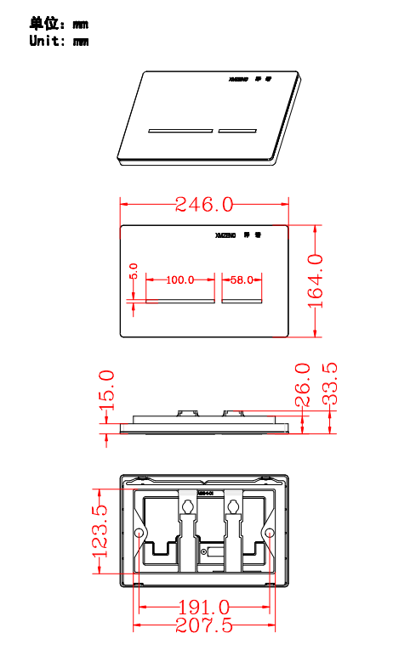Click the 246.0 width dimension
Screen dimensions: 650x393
pyautogui.click(x=203, y=204)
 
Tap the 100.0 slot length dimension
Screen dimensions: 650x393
pyautogui.click(x=179, y=280)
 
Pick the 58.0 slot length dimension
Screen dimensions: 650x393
pyautogui.click(x=241, y=280)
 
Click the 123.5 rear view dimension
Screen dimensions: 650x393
pyautogui.click(x=100, y=530)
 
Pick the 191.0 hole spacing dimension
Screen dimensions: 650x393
pyautogui.click(x=202, y=608)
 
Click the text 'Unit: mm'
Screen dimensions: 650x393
pyautogui.click(x=59, y=41)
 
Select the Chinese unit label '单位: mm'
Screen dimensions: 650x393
pyautogui.click(x=59, y=24)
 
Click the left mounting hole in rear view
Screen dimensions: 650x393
pyautogui.click(x=140, y=533)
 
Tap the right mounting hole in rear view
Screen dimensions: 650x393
pyautogui.click(x=269, y=533)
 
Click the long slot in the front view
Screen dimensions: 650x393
pyautogui.click(x=180, y=300)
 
